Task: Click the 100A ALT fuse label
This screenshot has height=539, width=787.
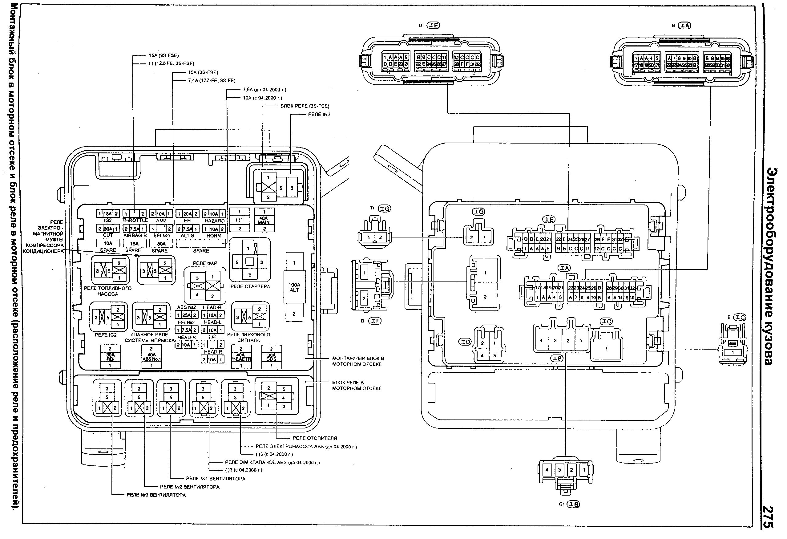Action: [294, 287]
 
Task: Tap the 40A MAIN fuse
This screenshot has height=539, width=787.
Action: [264, 220]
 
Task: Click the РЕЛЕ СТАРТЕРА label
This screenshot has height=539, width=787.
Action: [250, 286]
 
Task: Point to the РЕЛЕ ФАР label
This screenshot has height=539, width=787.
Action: [205, 263]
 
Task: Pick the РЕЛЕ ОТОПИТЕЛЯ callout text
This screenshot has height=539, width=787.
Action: [315, 438]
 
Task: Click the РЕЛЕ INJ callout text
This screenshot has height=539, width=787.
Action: [319, 115]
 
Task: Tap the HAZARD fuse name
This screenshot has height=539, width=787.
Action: [214, 221]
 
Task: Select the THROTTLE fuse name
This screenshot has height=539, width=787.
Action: [135, 221]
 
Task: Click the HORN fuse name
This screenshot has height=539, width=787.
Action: [213, 236]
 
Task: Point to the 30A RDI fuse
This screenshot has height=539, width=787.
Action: [110, 357]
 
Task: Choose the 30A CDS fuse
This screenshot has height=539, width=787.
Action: [271, 357]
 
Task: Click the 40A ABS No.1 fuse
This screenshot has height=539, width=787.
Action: [151, 357]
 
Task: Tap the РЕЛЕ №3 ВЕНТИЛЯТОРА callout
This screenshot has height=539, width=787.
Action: [156, 495]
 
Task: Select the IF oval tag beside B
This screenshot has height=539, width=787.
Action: [375, 321]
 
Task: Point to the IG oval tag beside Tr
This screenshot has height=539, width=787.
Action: [384, 209]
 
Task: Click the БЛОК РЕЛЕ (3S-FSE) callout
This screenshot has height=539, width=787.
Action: [305, 106]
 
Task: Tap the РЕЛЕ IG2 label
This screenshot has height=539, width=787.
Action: [106, 335]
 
